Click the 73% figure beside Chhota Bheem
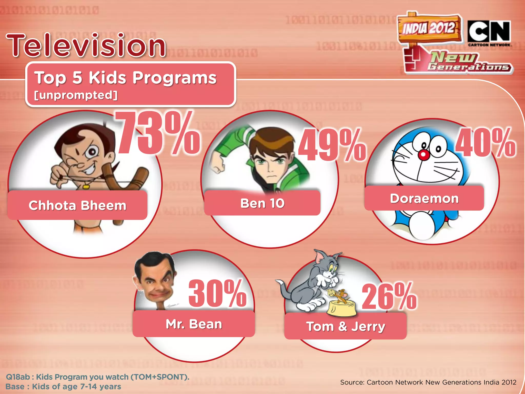coord(157,133)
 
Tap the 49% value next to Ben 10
coord(332,145)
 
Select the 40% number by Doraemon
coord(486,143)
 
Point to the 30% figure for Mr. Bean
coord(217,293)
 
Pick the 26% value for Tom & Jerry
coord(389,297)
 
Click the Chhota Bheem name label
coord(77,205)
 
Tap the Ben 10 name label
coord(262,203)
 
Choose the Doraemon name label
coord(424,199)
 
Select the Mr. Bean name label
coord(194,324)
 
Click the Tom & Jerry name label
coord(346,326)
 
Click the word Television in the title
coord(86,46)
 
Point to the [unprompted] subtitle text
coord(76,95)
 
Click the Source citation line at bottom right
coord(428,382)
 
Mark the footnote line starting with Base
coord(63,387)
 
